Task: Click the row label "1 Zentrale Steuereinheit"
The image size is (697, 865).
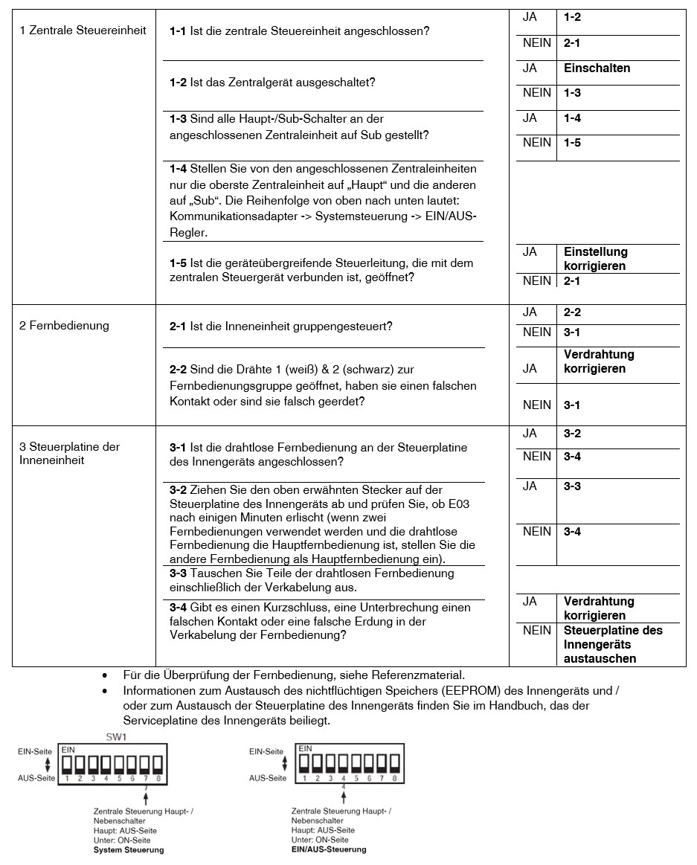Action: [83, 31]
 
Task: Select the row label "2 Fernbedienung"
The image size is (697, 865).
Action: [64, 326]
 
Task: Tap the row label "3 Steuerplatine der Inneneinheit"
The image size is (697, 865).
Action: [69, 454]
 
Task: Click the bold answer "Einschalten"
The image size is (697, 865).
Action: [597, 68]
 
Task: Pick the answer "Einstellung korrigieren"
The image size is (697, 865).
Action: [595, 259]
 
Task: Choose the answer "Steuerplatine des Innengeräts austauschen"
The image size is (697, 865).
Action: [613, 644]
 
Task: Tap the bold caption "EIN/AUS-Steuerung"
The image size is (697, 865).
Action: [329, 849]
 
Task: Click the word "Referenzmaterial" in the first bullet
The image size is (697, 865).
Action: [422, 675]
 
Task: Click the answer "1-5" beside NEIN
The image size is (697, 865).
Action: [572, 143]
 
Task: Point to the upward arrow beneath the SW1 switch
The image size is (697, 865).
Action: [147, 797]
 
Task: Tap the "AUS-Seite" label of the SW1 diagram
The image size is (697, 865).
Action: [36, 778]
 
